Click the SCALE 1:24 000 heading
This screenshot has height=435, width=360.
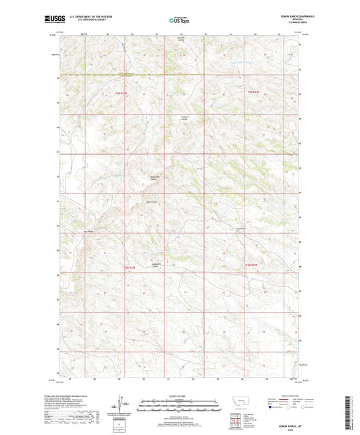180,396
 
